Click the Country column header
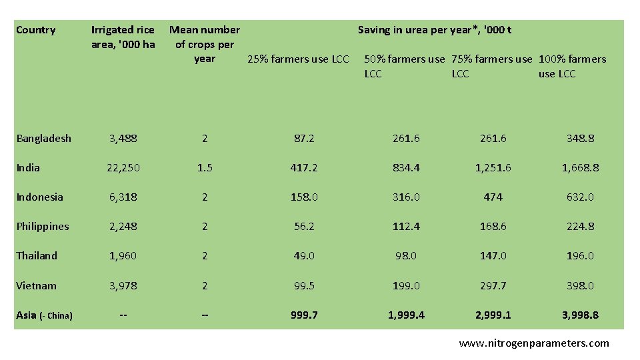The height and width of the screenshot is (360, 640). (x=36, y=30)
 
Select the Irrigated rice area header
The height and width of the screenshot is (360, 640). (x=123, y=37)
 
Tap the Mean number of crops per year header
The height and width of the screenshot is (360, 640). (x=205, y=44)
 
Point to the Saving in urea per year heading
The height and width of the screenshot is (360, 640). (x=435, y=30)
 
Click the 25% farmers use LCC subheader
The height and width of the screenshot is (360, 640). (x=298, y=59)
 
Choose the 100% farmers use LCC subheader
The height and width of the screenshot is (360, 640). (x=572, y=66)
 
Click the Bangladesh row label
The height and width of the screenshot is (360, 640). (x=44, y=139)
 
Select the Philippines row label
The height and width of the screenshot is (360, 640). (x=43, y=227)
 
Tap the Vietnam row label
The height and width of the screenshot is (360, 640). (x=37, y=286)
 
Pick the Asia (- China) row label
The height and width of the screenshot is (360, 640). (x=44, y=315)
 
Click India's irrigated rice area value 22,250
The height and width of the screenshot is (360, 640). (x=123, y=168)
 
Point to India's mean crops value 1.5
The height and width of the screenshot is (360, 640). (x=205, y=168)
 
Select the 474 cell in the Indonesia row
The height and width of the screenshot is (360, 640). (x=493, y=197)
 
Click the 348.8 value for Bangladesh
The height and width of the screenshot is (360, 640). (x=580, y=139)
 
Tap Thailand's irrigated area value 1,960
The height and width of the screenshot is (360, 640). (x=123, y=256)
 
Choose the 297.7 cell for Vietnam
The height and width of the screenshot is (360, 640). (x=493, y=286)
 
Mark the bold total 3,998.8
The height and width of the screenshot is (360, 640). (x=580, y=315)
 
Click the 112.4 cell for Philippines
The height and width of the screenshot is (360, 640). (x=406, y=227)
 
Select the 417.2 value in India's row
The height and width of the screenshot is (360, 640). (x=304, y=168)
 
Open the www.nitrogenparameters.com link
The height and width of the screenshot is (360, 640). (x=534, y=344)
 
